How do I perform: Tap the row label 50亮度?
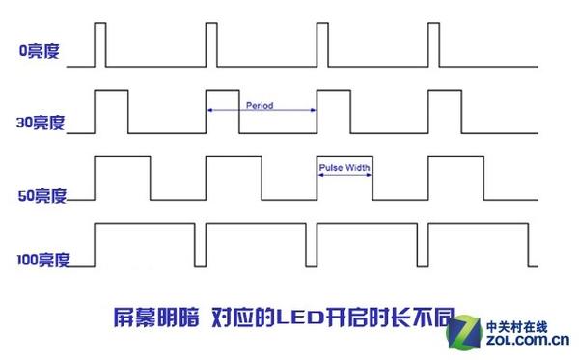tap(41, 196)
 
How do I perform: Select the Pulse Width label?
tap(345, 167)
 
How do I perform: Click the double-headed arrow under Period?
tap(262, 112)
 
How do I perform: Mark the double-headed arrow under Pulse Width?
tap(345, 175)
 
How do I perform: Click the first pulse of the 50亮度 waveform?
tap(122, 178)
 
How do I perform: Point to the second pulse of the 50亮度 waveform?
tap(233, 178)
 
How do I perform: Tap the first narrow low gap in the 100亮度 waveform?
tap(199, 246)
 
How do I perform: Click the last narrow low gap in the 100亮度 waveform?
tap(532, 246)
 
